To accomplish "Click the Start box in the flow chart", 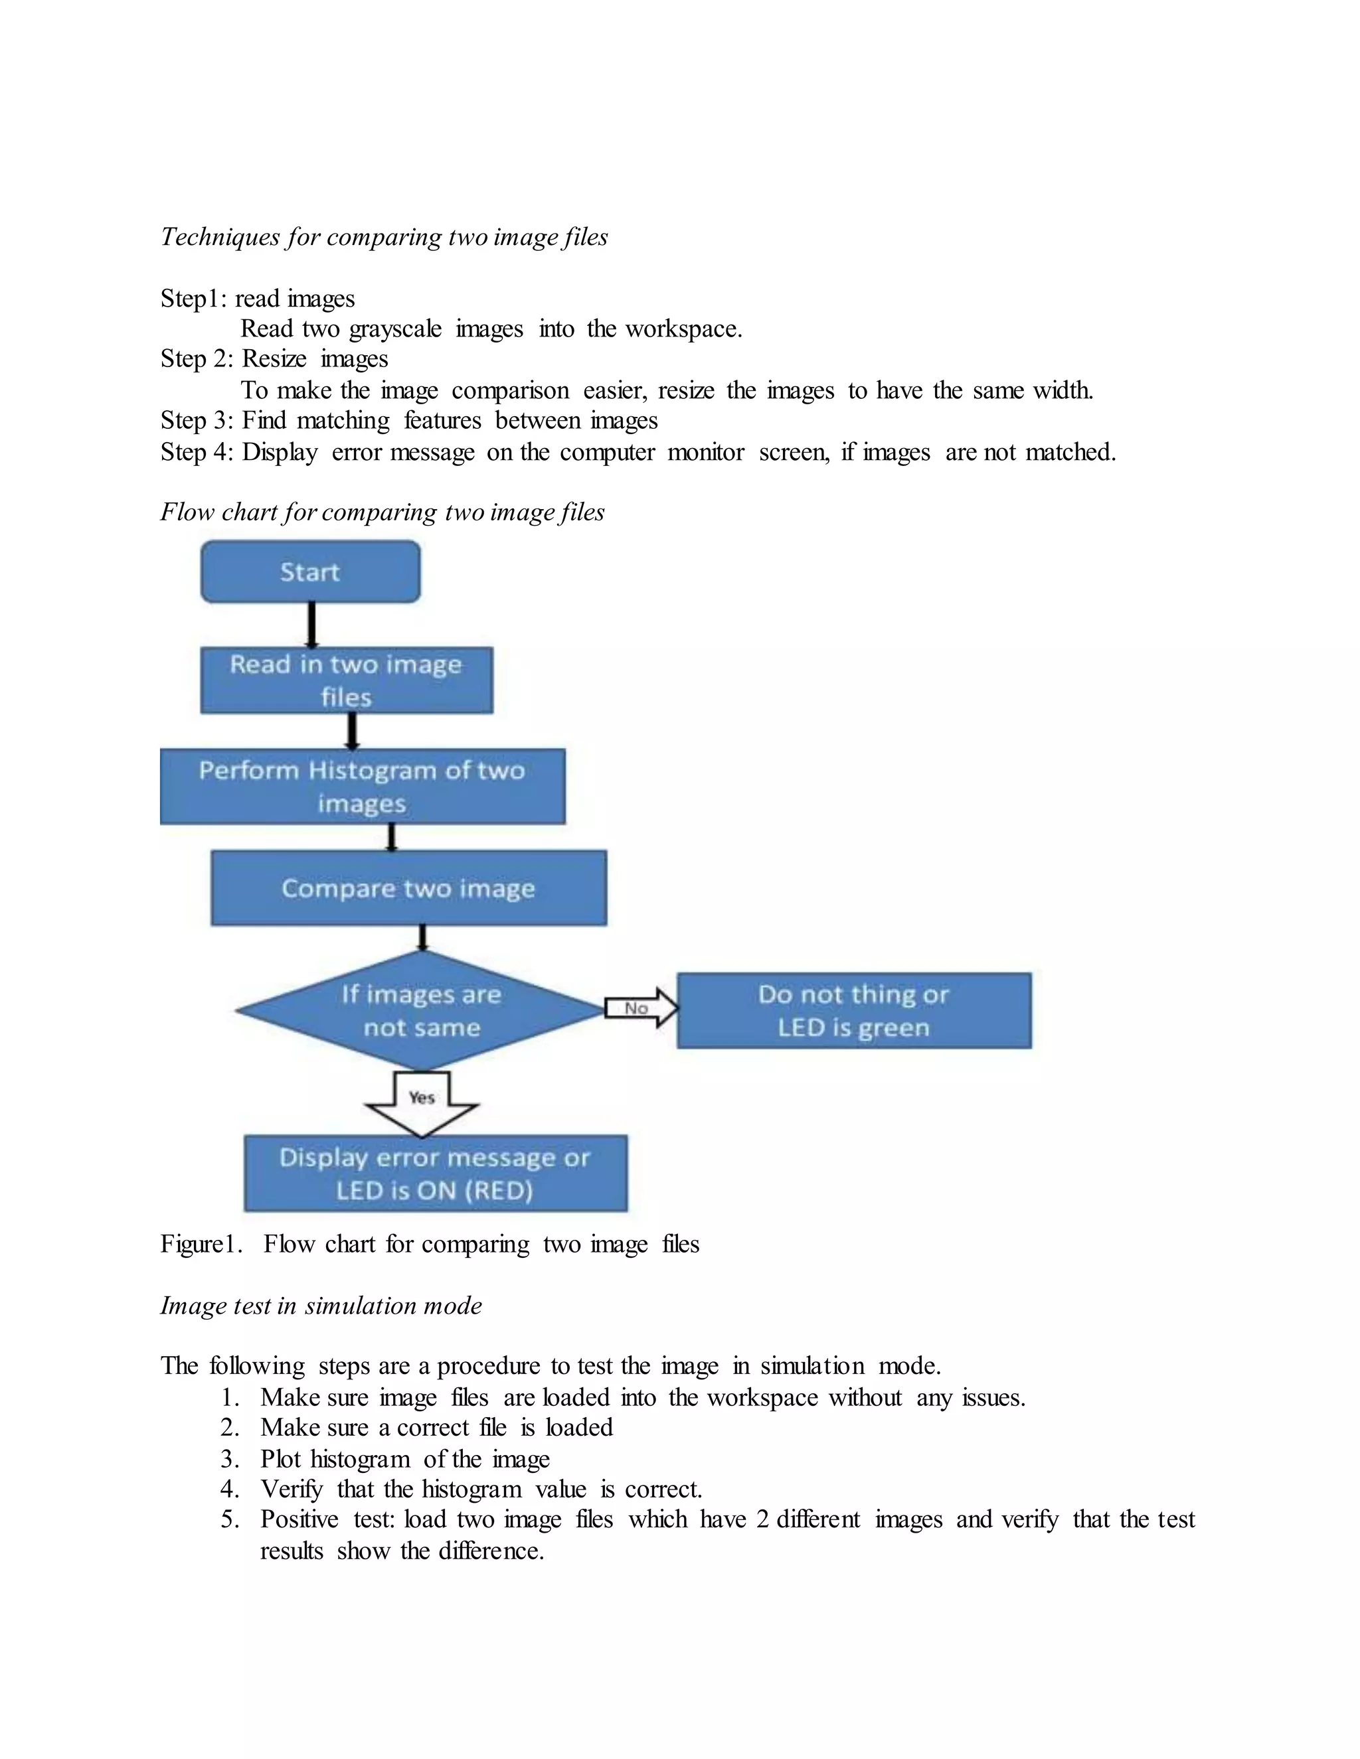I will [x=310, y=572].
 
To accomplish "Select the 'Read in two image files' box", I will [x=347, y=680].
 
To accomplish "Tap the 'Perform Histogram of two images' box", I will [x=363, y=786].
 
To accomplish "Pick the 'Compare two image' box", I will [x=408, y=887].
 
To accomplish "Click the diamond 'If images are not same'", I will [x=420, y=1011].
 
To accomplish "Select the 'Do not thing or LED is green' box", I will [x=854, y=1011].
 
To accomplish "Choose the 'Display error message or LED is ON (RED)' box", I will [x=435, y=1174].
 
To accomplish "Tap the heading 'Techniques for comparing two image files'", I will [x=384, y=237].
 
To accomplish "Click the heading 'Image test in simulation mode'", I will [x=321, y=1306].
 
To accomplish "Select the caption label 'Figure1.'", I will [x=201, y=1245].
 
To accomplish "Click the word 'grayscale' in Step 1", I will [x=395, y=329].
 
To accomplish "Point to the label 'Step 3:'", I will [x=197, y=420].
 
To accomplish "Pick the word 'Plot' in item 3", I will [x=279, y=1460].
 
